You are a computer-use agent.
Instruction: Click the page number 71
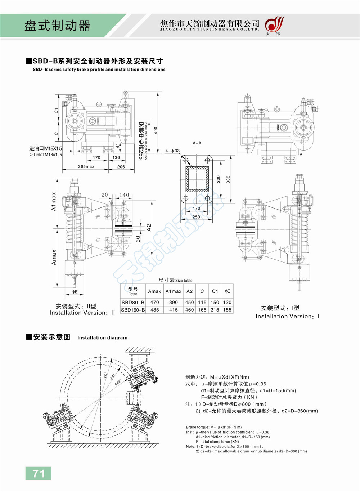pos(38,473)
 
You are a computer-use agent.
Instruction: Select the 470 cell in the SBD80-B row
pos(154,303)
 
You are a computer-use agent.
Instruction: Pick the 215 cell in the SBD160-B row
pos(215,310)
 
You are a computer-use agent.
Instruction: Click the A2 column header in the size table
pos(189,291)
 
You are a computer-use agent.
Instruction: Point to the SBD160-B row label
pos(133,310)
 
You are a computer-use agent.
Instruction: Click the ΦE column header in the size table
pos(228,291)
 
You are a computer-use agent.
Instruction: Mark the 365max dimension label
pos(86,167)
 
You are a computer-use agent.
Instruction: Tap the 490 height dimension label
pos(156,130)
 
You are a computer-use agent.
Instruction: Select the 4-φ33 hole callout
pos(172,151)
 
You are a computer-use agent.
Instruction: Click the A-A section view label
pos(197,143)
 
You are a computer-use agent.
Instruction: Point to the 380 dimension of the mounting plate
pos(228,179)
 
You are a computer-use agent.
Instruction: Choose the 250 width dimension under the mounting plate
pos(196,217)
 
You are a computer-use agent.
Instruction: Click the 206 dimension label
pos(121,167)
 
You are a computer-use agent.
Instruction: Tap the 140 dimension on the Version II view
pos(124,195)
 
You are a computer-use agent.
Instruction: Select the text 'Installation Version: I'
pos(287,316)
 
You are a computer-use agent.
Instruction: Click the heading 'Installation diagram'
pos(102,338)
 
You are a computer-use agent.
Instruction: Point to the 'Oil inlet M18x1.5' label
pos(46,155)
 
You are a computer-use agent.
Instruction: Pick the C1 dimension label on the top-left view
pos(56,111)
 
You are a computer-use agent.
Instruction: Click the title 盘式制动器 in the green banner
pos(58,26)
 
